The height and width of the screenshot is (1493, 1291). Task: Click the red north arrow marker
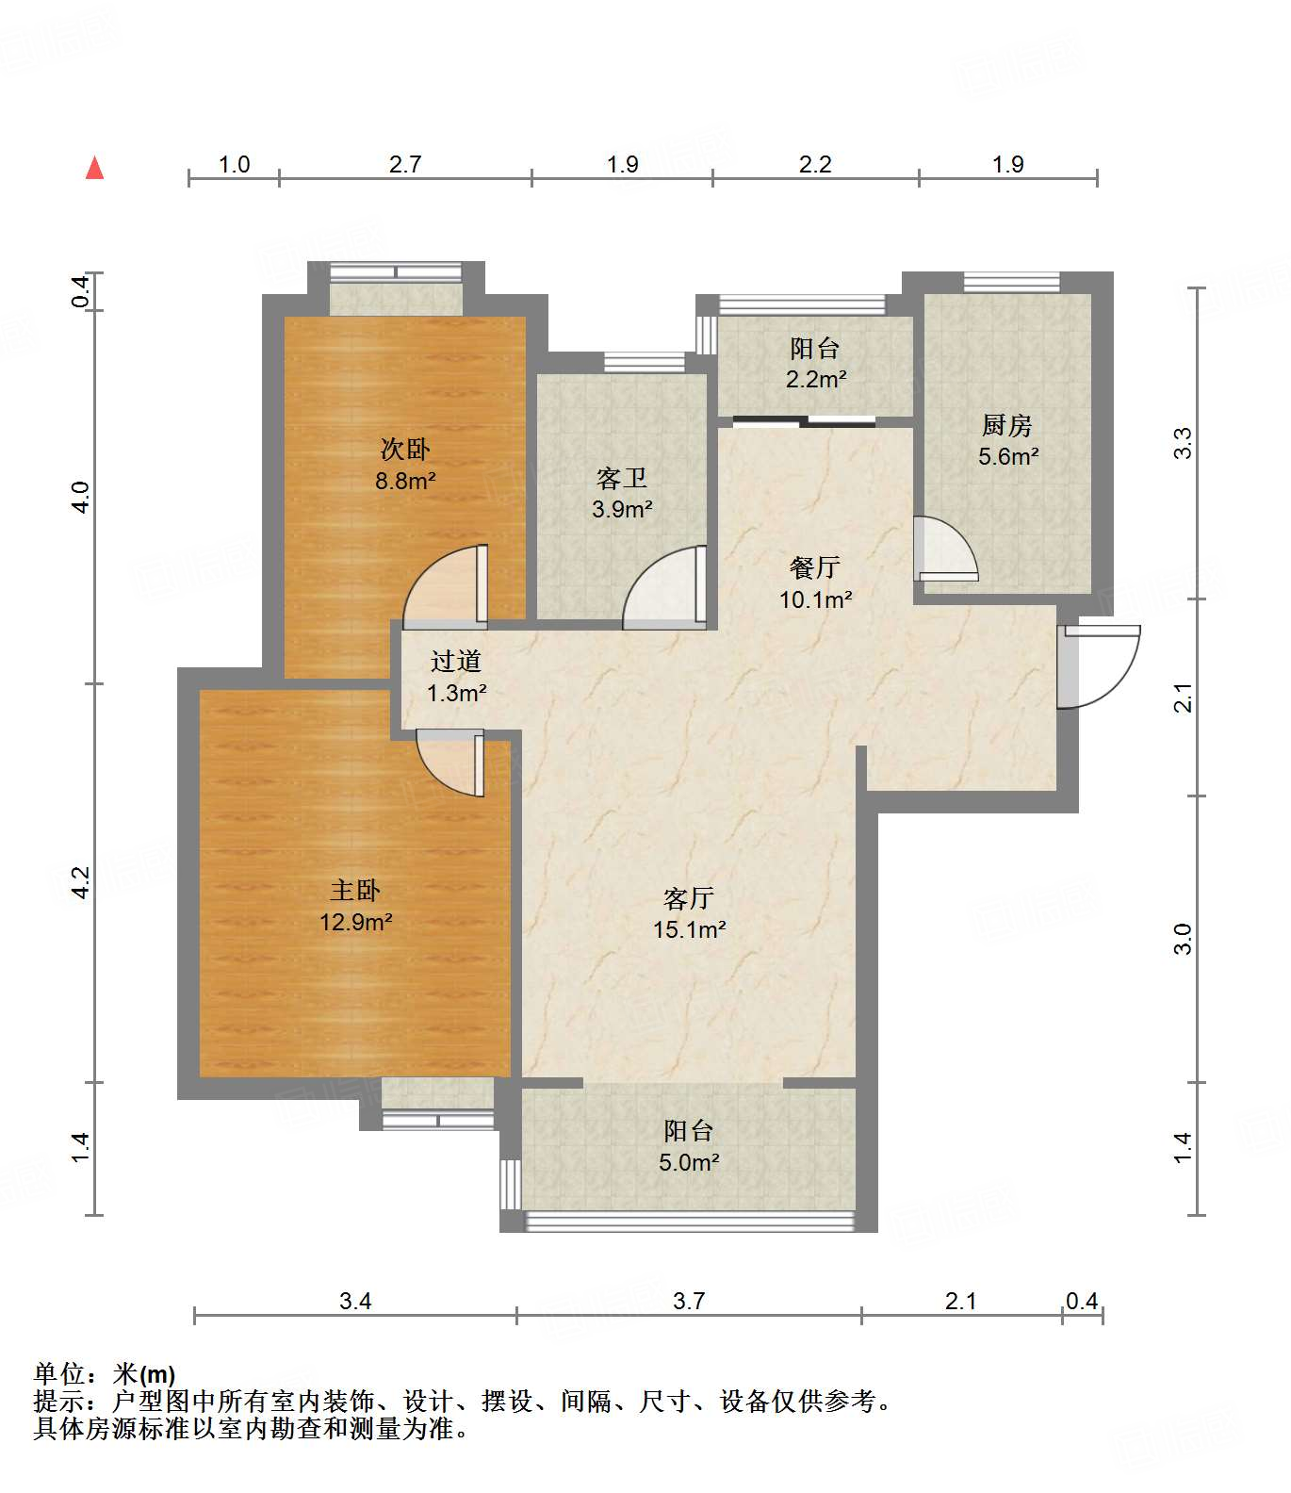click(x=94, y=168)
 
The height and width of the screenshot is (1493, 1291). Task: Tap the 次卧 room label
click(x=405, y=449)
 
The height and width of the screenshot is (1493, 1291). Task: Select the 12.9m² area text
click(x=355, y=922)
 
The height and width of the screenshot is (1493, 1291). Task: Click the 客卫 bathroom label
click(x=622, y=479)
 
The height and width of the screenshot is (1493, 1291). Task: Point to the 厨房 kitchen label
click(x=1007, y=426)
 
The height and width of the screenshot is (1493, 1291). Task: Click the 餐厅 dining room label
click(x=815, y=567)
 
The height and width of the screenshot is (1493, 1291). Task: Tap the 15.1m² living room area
click(x=689, y=929)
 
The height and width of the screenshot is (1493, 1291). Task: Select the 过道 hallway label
click(x=456, y=662)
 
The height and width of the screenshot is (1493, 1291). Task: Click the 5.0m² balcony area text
click(x=689, y=1162)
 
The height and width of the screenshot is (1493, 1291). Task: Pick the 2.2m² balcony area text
click(x=816, y=380)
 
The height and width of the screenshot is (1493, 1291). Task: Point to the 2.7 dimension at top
click(x=405, y=165)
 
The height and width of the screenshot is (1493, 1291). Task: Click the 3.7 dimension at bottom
click(x=689, y=1302)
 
